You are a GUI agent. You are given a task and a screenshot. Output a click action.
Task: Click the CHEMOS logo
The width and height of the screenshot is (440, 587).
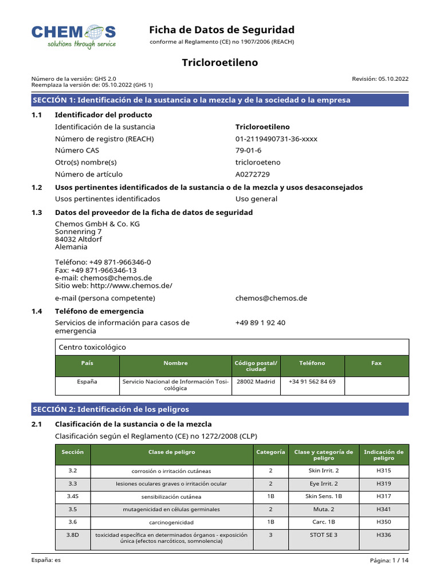73,36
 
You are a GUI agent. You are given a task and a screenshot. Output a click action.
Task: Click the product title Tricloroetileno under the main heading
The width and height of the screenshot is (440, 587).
220,62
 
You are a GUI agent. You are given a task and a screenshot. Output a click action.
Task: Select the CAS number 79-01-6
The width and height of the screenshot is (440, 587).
248,150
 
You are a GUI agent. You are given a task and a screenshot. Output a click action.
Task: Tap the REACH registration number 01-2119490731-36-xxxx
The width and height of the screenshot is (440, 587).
276,139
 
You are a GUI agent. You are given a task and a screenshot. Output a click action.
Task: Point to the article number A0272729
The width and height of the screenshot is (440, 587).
253,174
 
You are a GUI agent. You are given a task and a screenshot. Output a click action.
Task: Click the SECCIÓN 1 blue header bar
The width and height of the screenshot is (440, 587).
220,100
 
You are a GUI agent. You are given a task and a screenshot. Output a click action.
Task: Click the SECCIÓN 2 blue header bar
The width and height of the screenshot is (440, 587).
220,409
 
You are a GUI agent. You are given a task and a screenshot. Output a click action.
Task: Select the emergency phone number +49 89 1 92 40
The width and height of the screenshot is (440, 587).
260,323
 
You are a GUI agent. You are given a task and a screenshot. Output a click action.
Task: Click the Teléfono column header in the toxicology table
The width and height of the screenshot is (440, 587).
312,363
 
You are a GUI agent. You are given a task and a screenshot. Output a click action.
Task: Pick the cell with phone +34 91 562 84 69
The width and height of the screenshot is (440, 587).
312,381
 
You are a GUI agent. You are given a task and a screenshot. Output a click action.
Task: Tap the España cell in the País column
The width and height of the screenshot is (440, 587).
87,381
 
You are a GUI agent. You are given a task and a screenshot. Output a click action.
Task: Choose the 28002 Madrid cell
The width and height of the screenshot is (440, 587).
256,381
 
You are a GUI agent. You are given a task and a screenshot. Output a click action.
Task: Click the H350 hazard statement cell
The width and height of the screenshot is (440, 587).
383,522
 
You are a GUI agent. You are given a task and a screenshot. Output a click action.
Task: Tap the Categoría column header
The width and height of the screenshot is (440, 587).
270,452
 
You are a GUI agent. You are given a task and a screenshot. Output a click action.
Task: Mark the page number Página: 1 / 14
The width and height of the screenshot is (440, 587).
390,561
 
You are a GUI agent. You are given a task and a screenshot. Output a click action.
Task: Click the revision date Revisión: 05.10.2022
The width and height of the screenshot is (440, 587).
380,79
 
